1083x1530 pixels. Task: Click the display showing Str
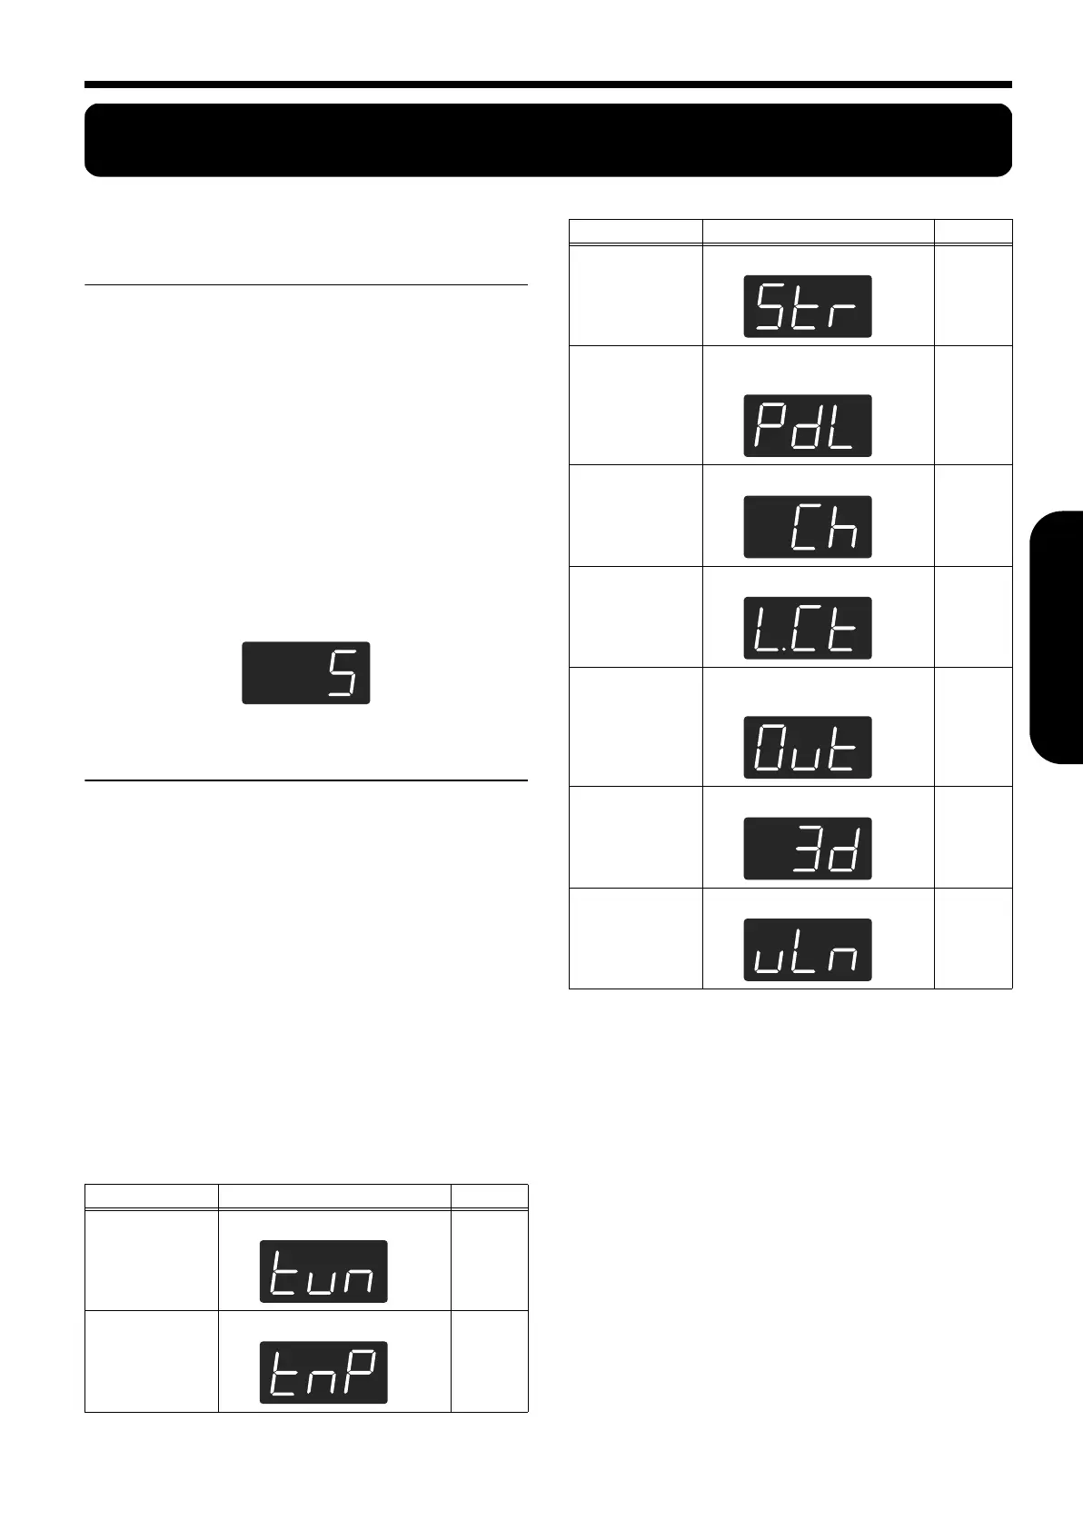[x=808, y=307]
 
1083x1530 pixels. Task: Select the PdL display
[x=808, y=426]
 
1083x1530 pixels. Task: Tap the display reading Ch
[x=808, y=527]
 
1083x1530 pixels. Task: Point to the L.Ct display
[x=808, y=628]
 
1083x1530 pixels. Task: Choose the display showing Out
[x=808, y=748]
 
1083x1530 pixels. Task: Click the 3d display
[x=808, y=849]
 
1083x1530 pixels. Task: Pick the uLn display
[x=808, y=949]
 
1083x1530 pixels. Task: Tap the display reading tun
[x=323, y=1271]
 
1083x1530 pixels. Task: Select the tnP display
[x=323, y=1372]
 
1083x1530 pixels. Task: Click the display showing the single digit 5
[x=306, y=672]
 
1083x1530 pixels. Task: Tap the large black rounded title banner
[x=548, y=140]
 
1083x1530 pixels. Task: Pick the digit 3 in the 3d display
[x=808, y=849]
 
